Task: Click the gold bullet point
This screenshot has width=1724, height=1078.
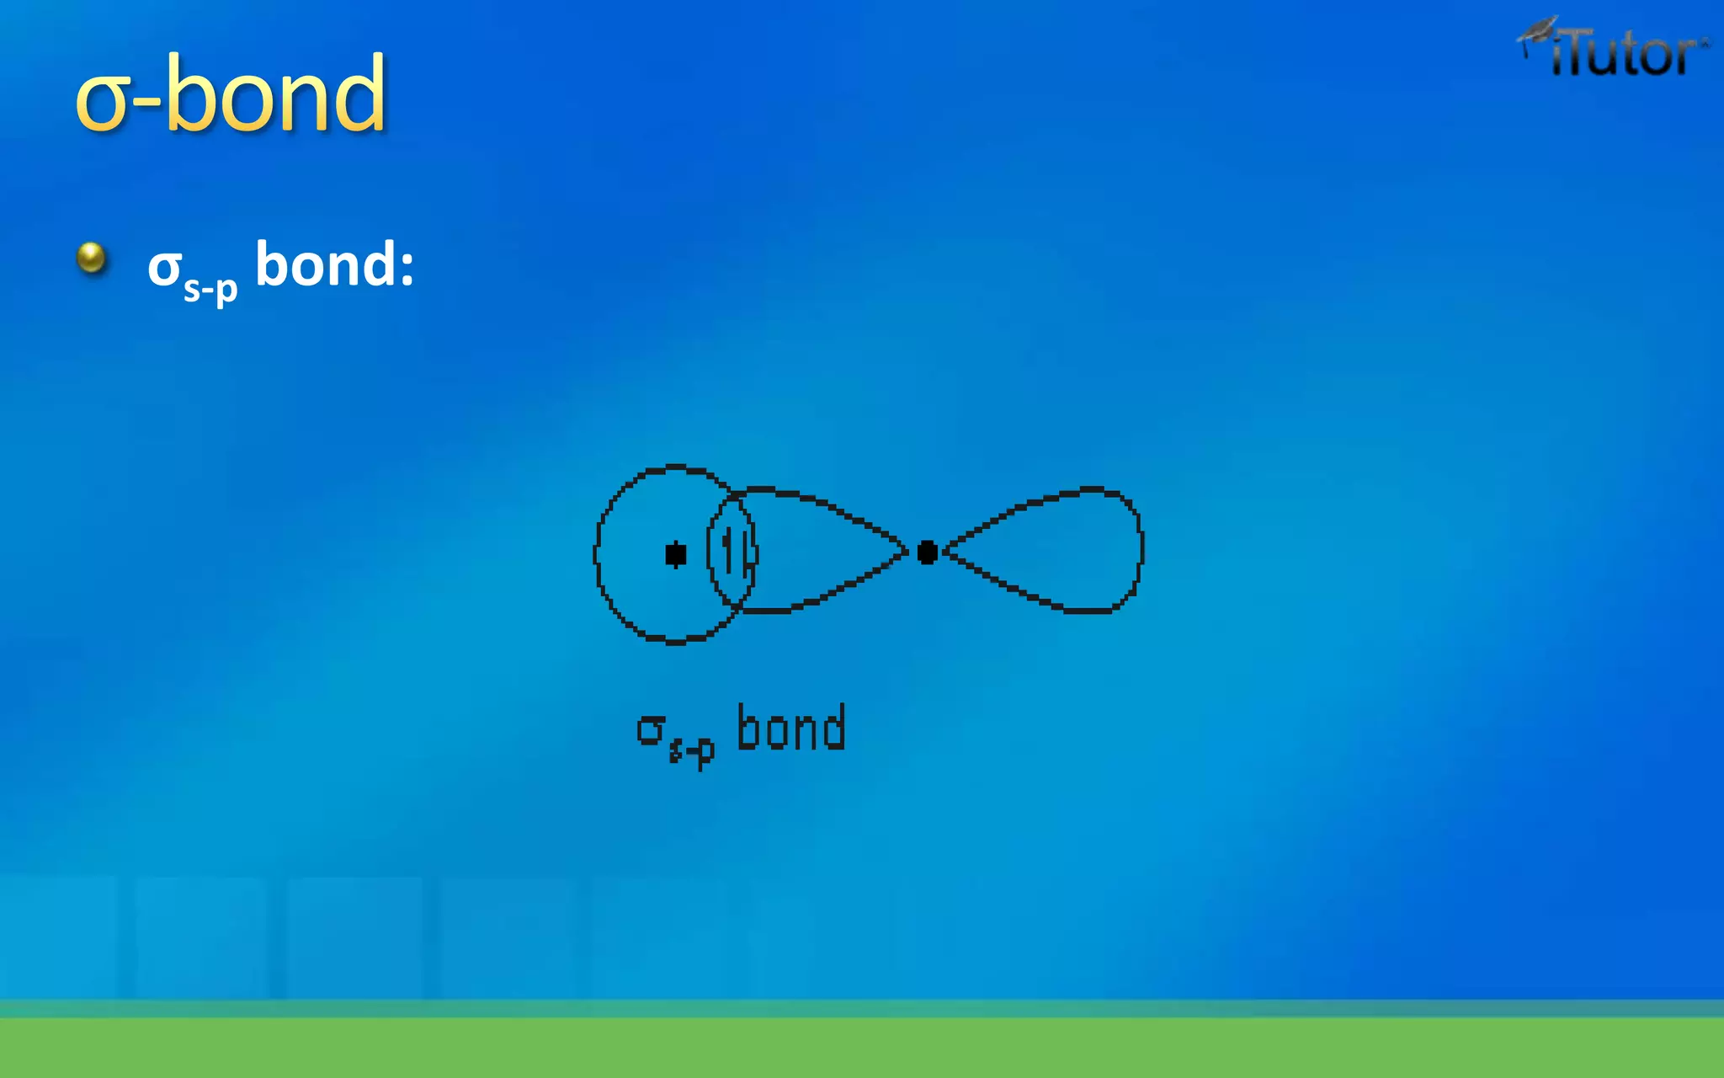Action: (91, 258)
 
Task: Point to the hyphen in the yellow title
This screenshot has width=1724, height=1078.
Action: (149, 106)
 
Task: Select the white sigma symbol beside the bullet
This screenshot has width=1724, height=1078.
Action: (164, 268)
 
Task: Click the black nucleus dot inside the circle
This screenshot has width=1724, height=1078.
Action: (675, 554)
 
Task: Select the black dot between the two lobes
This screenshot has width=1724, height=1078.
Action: (927, 552)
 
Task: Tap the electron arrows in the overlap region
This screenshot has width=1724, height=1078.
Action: (733, 552)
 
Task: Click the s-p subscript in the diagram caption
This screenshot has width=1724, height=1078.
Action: (692, 749)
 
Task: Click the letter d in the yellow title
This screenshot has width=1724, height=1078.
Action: (357, 93)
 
